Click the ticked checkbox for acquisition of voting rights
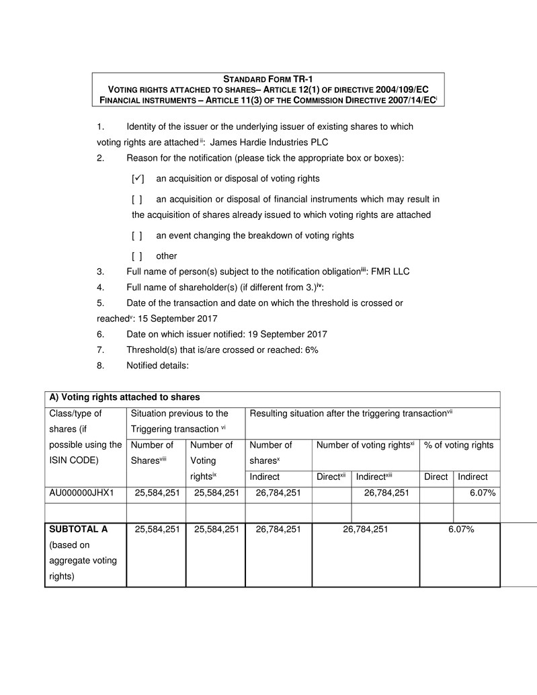coord(138,179)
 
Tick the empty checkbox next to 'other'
coord(137,255)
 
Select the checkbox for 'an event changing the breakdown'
coord(137,236)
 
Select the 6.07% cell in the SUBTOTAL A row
coord(462,529)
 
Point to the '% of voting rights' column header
coord(458,445)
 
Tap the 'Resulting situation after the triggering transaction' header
coord(351,413)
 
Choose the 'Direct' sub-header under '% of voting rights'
coord(436,477)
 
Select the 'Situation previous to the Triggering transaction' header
coord(179,421)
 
